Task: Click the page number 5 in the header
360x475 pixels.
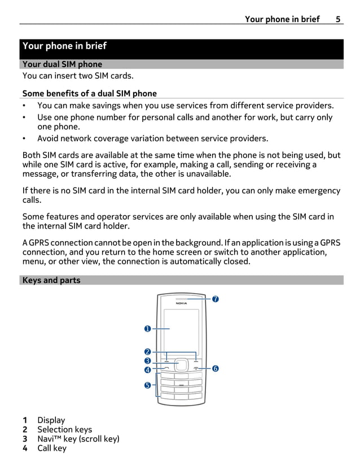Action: (337, 19)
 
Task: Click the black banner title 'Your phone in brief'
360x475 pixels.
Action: (64, 46)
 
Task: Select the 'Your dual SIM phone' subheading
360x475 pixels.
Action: (62, 64)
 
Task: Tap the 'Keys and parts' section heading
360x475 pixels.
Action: (51, 280)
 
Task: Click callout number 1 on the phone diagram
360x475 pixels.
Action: (147, 328)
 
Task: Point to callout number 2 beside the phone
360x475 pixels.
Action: (147, 352)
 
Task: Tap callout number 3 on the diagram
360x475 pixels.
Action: (147, 361)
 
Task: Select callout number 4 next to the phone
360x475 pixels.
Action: (147, 370)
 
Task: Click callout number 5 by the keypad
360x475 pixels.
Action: (147, 385)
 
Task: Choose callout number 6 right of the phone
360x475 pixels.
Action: (215, 368)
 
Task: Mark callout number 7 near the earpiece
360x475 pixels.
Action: (215, 298)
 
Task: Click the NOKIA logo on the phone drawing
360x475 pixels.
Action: (181, 303)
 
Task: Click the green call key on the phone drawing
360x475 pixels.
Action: (166, 368)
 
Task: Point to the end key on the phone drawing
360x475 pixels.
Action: (196, 368)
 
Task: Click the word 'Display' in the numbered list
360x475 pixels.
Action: (51, 420)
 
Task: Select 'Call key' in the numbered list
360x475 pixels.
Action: (51, 448)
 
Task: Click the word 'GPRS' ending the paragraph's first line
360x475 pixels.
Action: (330, 243)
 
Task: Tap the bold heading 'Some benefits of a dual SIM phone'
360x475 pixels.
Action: (89, 93)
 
